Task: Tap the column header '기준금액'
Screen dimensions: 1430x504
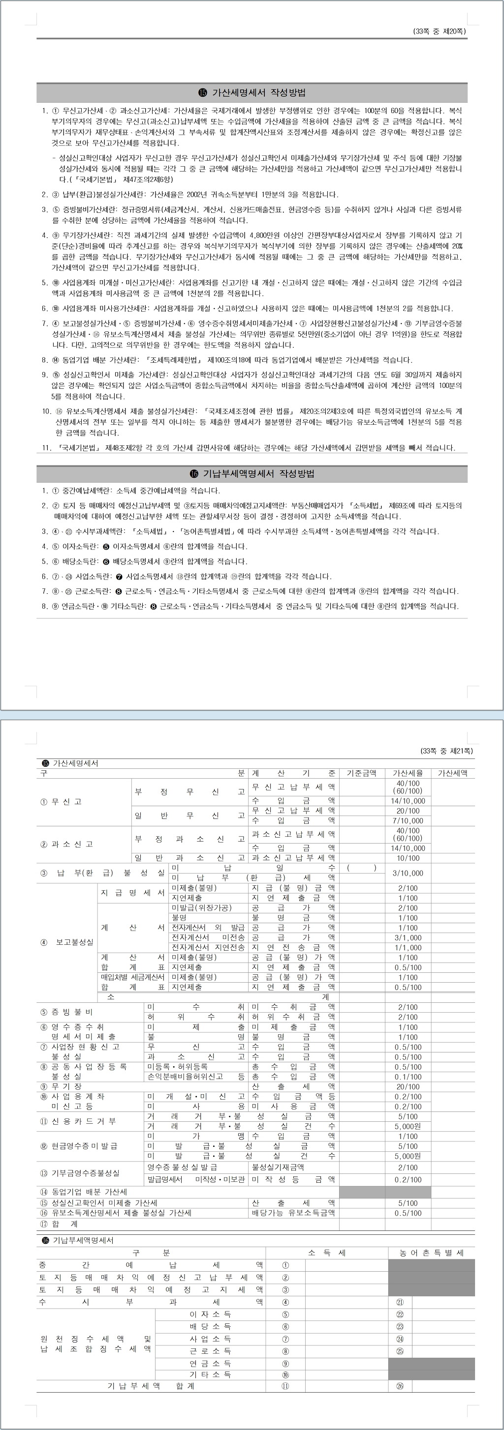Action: point(362,773)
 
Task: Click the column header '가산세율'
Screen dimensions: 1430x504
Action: point(408,773)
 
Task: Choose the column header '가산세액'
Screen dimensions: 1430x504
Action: point(452,773)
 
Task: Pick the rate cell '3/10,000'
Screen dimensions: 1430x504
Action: point(408,873)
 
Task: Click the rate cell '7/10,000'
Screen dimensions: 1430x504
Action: point(408,820)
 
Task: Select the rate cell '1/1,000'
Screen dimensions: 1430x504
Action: point(408,948)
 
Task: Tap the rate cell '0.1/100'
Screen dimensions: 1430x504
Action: point(408,1077)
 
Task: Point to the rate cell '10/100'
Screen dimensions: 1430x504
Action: point(408,858)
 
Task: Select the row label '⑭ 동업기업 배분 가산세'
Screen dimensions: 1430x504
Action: point(84,1192)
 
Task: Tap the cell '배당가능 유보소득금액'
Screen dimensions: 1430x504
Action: point(293,1213)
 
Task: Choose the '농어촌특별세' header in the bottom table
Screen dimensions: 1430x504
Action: point(431,1253)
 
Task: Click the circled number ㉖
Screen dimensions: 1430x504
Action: point(400,1386)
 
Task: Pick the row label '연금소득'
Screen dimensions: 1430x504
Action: point(210,1363)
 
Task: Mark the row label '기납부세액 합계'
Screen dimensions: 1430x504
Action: point(151,1386)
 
